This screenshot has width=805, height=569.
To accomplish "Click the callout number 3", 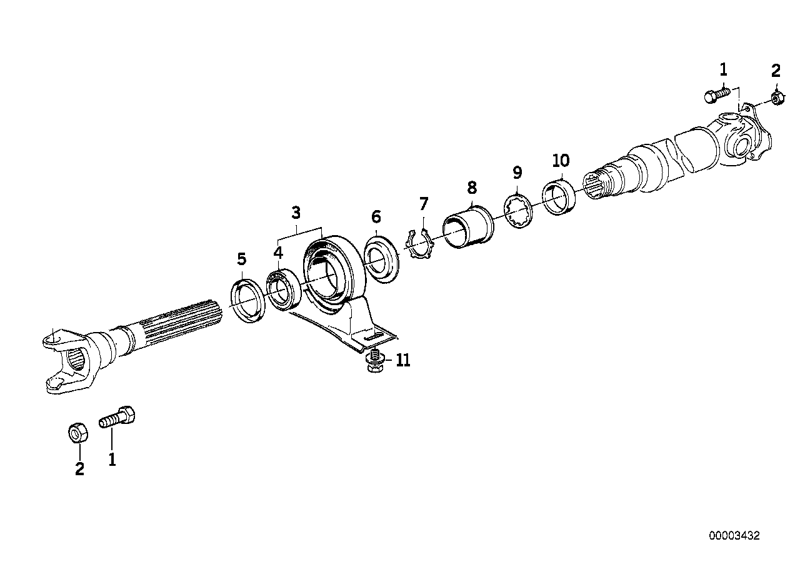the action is coord(296,213).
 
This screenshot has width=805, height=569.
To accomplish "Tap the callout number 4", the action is coord(278,253).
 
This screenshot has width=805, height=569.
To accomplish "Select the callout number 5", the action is coord(241,259).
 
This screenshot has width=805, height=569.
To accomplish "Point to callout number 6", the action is coord(376,217).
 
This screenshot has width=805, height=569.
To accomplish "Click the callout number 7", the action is coord(424,204).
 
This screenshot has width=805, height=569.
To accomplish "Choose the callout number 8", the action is coord(472,188).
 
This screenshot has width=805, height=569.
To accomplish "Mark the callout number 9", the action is coord(517,173).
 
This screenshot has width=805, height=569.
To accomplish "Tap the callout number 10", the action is coord(561,161).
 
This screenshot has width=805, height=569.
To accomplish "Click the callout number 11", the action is coord(403,360).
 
